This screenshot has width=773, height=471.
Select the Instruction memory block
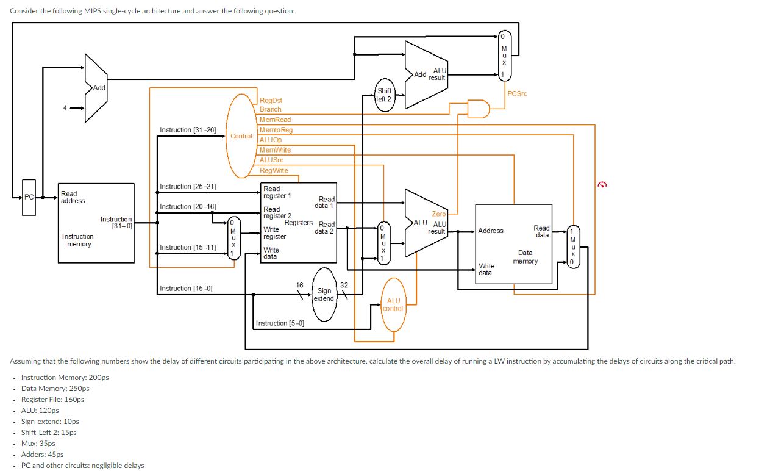[96, 223]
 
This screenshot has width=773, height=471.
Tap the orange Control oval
[241, 136]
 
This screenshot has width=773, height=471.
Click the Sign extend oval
[324, 295]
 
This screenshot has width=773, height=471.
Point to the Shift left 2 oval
[385, 95]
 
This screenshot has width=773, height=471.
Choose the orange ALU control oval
[393, 304]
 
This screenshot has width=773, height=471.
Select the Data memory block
[513, 244]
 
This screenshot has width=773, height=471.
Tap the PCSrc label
[517, 93]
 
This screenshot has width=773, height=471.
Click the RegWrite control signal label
[274, 170]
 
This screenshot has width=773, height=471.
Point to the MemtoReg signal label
[276, 130]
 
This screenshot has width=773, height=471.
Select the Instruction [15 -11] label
[188, 247]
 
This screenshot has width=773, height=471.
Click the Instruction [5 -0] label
[280, 323]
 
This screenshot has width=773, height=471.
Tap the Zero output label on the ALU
[439, 214]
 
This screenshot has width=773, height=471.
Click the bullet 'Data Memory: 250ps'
[55, 389]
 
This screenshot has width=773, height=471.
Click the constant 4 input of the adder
[63, 109]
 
